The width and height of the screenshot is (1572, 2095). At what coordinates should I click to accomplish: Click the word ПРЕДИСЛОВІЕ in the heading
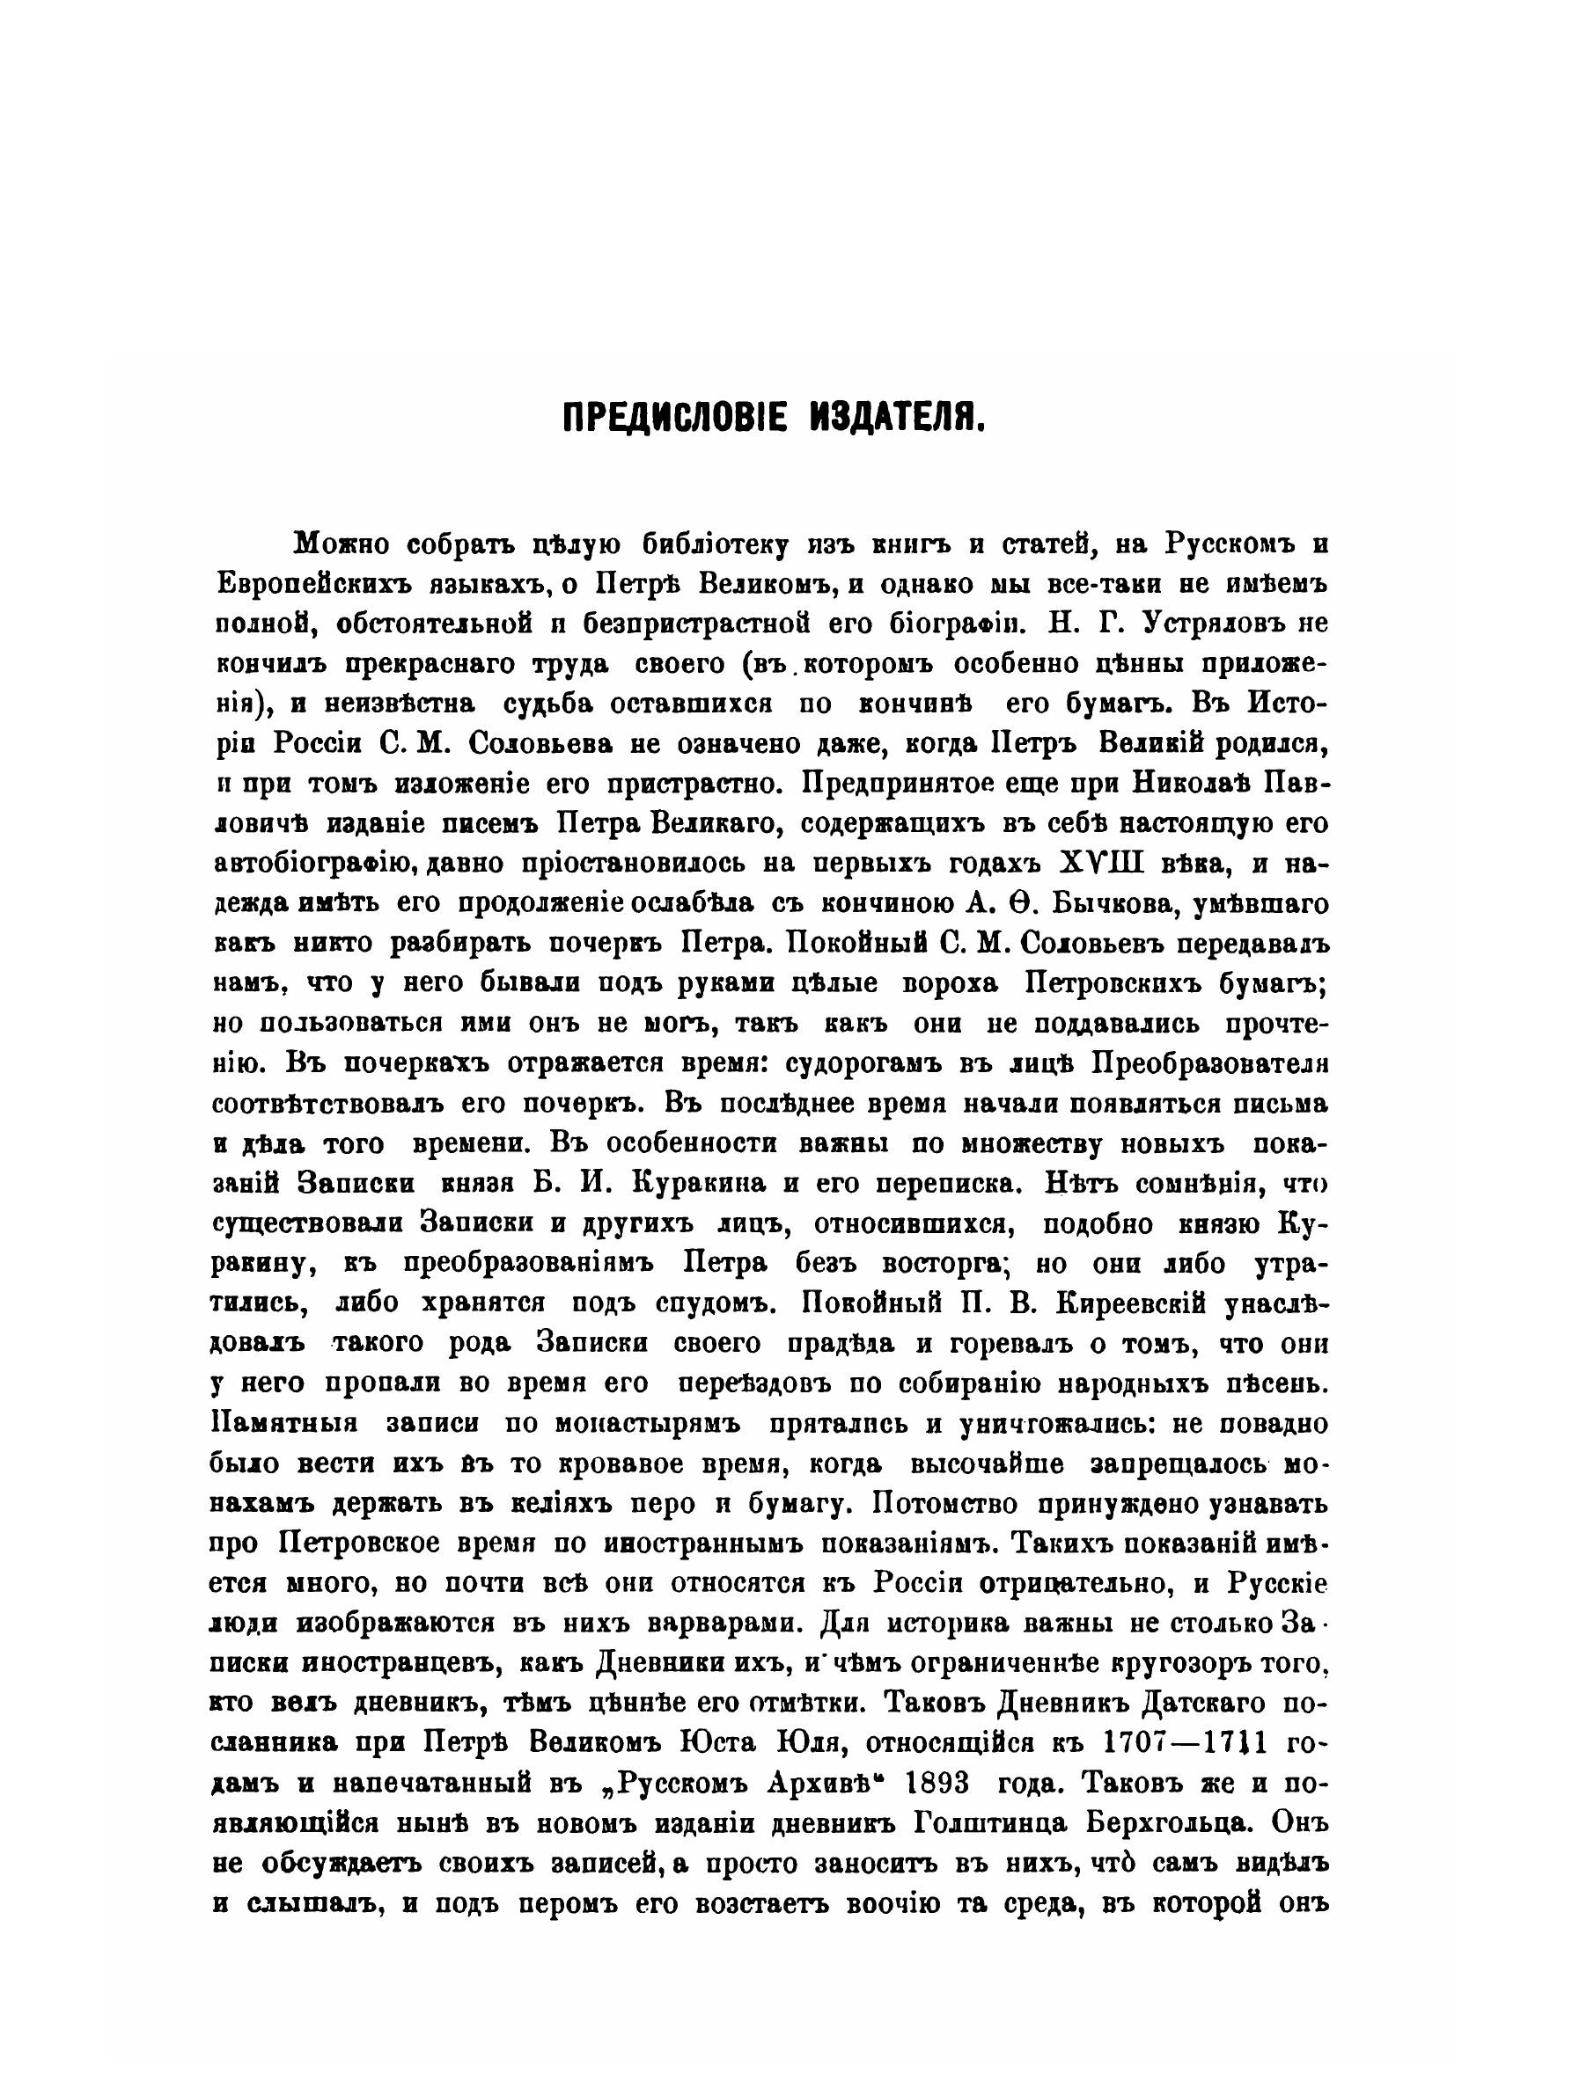tap(672, 417)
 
